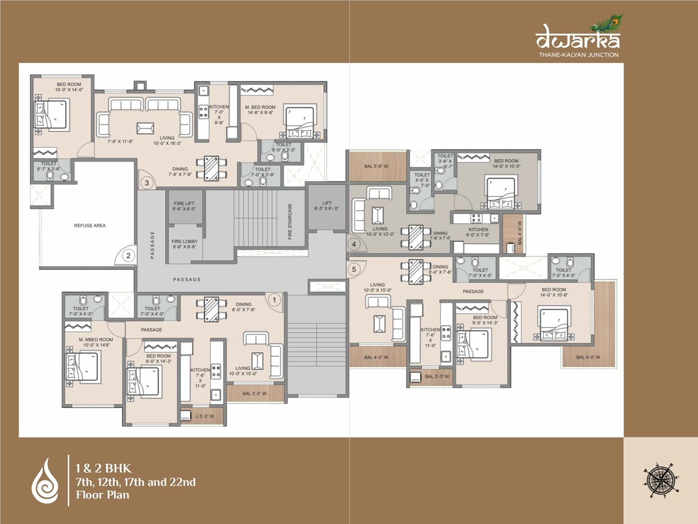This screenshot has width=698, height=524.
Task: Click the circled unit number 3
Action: click(147, 183)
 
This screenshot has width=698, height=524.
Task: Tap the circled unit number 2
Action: click(128, 255)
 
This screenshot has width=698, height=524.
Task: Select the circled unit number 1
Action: click(275, 300)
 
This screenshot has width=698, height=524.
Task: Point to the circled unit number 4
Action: click(354, 244)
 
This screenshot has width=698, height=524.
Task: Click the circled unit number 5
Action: click(354, 269)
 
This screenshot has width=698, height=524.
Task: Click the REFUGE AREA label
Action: click(90, 226)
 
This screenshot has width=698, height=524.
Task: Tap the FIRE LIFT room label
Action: click(184, 206)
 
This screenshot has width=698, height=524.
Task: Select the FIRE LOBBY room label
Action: click(184, 244)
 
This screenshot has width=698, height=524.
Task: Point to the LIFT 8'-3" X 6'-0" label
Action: click(327, 206)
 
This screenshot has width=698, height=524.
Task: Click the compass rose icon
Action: click(661, 480)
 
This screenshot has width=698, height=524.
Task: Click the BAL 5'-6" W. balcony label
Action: click(376, 166)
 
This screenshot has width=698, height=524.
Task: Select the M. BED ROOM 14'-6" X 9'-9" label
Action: click(260, 110)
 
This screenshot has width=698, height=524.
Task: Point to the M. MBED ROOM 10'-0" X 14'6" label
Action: click(96, 343)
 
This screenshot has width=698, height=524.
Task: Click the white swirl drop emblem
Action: click(45, 481)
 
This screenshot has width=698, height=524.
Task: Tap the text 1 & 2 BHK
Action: click(104, 468)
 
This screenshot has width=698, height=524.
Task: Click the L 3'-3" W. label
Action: click(205, 417)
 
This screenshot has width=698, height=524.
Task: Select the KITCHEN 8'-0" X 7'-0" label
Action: click(478, 232)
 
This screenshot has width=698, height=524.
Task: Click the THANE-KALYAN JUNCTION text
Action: click(578, 55)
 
